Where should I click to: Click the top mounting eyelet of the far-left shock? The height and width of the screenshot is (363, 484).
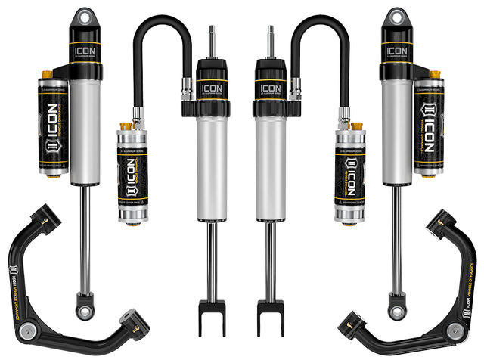83,16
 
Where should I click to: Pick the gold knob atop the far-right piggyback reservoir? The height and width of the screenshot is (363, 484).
434,74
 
